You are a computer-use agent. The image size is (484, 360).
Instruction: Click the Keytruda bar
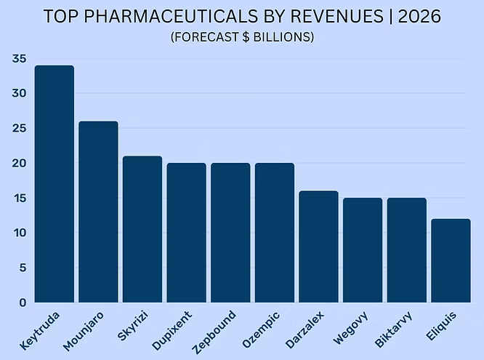click(55, 184)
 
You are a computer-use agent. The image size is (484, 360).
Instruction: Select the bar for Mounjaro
click(98, 212)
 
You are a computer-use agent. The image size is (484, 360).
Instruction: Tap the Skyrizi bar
click(142, 229)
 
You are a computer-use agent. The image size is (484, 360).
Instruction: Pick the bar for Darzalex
click(318, 247)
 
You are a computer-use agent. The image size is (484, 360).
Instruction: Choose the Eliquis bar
click(451, 260)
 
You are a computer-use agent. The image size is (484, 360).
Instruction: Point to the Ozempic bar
click(275, 233)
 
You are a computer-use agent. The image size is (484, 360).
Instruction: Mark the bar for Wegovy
click(363, 250)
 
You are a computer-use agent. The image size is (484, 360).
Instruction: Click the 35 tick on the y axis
click(19, 59)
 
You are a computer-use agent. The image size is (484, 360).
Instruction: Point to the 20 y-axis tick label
click(19, 163)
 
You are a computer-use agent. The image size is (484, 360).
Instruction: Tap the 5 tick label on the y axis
click(23, 268)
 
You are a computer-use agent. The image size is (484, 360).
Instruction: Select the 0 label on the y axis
click(23, 303)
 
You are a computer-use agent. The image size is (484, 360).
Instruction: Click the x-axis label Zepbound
click(214, 332)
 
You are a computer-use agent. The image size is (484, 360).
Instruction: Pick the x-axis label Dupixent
click(172, 331)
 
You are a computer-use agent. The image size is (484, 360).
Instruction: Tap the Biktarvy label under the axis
click(393, 329)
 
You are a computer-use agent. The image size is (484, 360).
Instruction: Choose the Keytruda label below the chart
click(39, 331)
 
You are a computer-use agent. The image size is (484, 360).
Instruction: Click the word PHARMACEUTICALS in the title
click(171, 16)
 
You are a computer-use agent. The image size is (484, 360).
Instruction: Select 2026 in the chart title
click(419, 16)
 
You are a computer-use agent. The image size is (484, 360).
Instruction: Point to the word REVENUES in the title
click(337, 16)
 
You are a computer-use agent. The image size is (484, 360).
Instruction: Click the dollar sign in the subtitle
click(246, 37)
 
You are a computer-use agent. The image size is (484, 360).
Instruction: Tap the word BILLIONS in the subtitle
click(281, 37)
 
